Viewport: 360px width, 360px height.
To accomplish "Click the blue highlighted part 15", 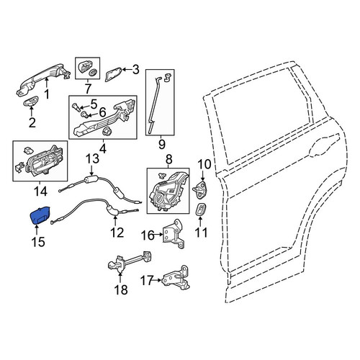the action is click(40, 215).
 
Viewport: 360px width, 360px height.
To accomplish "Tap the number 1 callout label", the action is click(47, 94).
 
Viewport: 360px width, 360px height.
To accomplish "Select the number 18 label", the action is click(121, 289).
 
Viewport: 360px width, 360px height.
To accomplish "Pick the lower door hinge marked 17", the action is click(176, 278).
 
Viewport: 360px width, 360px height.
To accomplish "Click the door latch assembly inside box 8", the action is click(167, 192).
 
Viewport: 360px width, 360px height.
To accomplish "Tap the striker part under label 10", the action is click(200, 189).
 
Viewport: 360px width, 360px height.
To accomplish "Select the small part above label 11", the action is click(201, 210).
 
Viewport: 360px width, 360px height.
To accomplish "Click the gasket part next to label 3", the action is click(113, 74).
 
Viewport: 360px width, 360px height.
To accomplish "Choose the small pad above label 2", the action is click(31, 101).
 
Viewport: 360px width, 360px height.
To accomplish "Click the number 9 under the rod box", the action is click(161, 145).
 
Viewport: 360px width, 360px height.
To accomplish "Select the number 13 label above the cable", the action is click(92, 159).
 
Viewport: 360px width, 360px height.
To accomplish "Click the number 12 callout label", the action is click(117, 233).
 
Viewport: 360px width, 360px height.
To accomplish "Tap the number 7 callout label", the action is click(88, 89).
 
